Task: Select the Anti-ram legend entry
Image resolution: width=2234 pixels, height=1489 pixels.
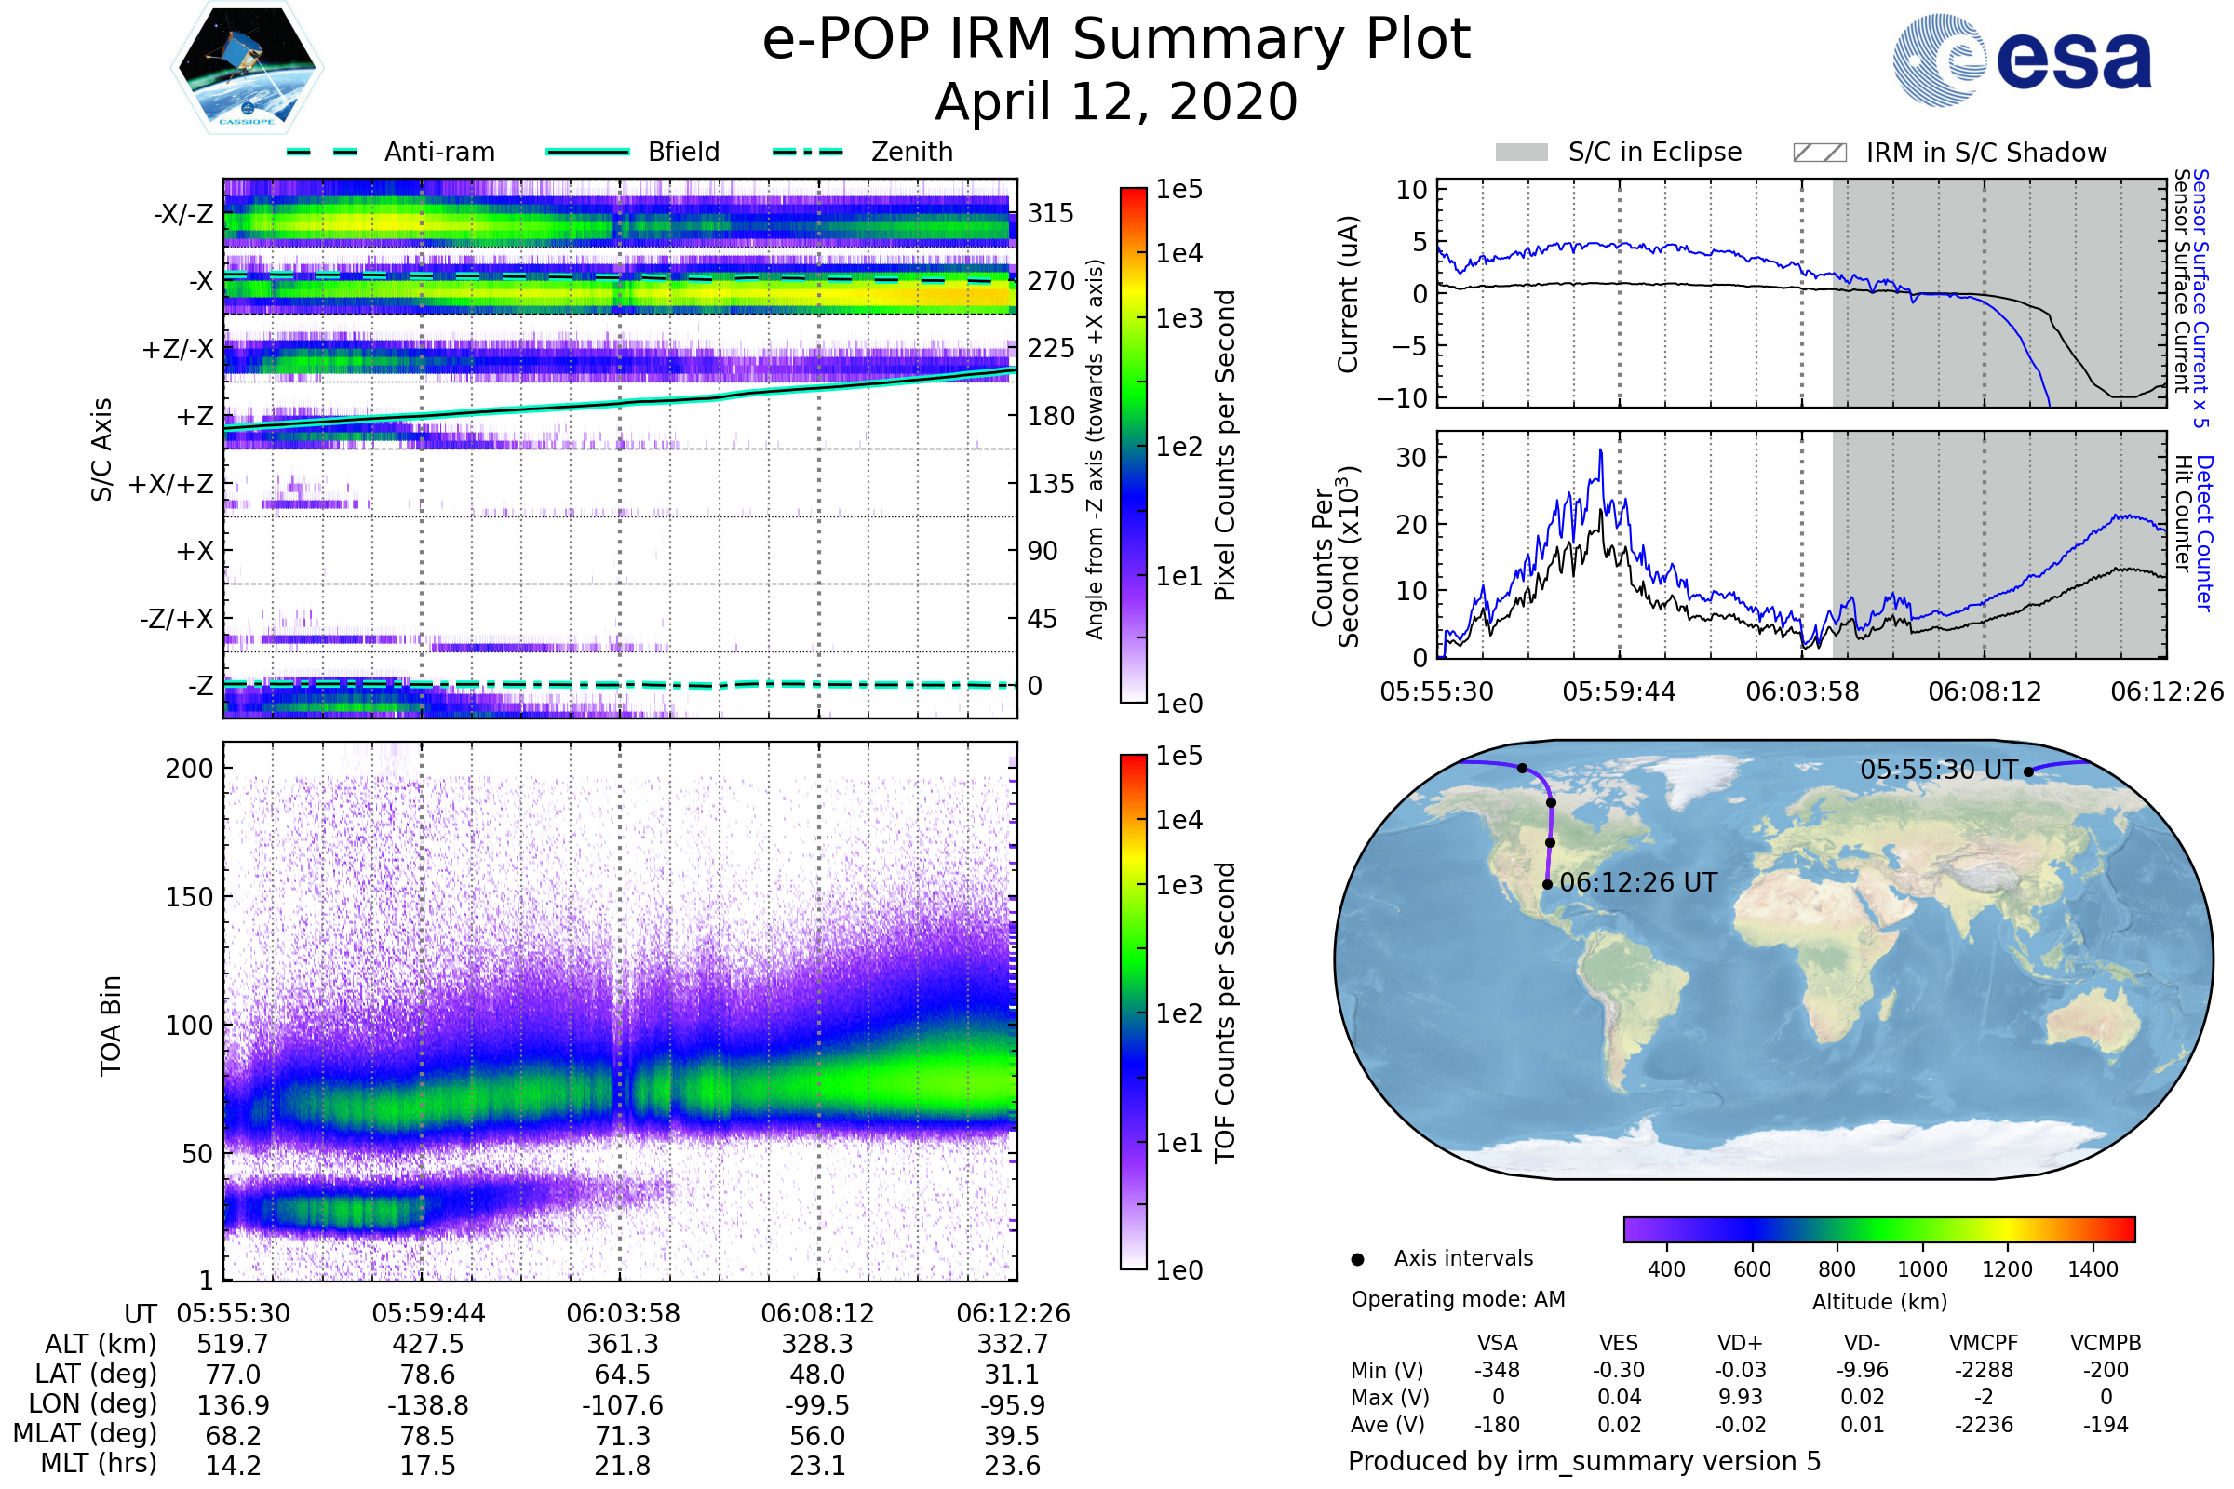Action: coord(390,152)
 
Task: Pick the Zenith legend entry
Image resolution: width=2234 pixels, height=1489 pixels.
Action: coord(863,152)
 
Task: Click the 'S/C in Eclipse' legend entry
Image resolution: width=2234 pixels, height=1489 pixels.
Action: coord(1619,152)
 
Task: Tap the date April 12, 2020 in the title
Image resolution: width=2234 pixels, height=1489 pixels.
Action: coord(1116,101)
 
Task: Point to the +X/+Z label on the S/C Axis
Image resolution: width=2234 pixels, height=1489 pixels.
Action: coord(171,484)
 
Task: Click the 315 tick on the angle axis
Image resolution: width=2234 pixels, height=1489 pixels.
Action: coord(1051,213)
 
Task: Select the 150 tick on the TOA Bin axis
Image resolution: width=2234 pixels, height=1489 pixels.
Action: coord(189,897)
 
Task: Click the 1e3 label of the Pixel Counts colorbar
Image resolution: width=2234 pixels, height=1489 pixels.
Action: coord(1178,318)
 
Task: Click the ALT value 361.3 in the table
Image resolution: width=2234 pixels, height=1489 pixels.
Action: coord(623,1345)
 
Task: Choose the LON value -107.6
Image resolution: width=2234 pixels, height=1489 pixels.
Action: coord(622,1405)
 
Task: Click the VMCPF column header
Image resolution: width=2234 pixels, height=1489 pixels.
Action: coord(1984,1344)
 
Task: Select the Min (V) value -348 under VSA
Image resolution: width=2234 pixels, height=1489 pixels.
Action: coord(1497,1370)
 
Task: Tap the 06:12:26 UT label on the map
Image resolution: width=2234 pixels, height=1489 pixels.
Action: coord(1638,883)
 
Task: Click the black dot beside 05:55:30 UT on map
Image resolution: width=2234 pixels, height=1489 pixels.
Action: coord(2029,772)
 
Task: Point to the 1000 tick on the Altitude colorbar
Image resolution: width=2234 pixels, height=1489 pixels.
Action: coord(1922,1269)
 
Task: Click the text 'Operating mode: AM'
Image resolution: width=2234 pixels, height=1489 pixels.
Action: coord(1458,1299)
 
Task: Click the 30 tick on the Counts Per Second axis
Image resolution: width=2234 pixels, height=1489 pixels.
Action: coord(1411,458)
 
